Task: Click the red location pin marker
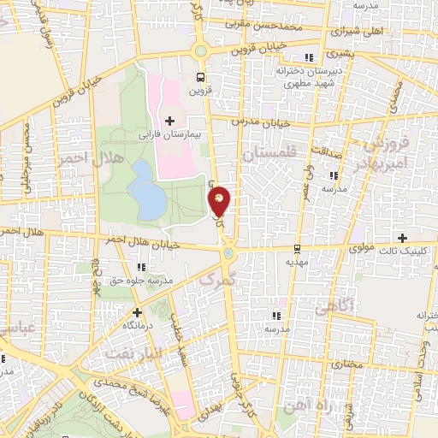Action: [220, 201]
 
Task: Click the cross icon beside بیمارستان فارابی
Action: [170, 120]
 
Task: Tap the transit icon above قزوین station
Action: [200, 74]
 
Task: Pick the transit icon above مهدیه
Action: [296, 249]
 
